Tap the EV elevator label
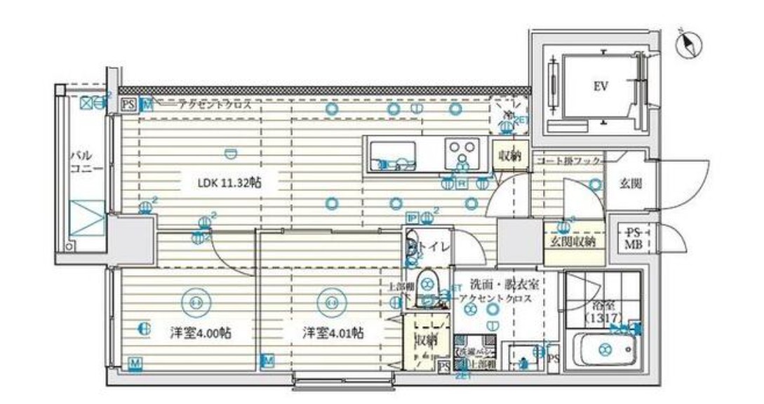(x=601, y=87)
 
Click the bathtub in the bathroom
(x=604, y=347)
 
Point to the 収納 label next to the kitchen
(x=510, y=155)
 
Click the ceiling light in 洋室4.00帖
(x=196, y=302)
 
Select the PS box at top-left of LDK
(x=129, y=105)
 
